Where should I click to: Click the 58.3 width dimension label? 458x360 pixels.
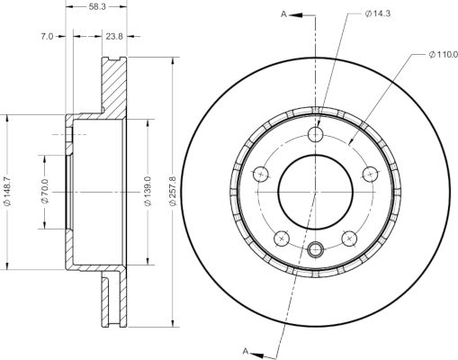click(97, 6)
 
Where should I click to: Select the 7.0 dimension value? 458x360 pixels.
click(47, 37)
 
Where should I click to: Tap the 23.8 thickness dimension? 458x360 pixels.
click(114, 37)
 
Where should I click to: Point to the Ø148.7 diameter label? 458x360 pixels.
click(7, 192)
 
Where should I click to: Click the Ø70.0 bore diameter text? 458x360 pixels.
click(45, 192)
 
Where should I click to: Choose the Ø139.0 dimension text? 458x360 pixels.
click(148, 192)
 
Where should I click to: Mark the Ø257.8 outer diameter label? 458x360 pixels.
click(173, 192)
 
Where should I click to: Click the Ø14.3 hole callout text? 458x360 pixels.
click(378, 13)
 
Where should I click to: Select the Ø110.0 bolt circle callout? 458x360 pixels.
click(444, 55)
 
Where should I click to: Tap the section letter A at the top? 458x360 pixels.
click(283, 14)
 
